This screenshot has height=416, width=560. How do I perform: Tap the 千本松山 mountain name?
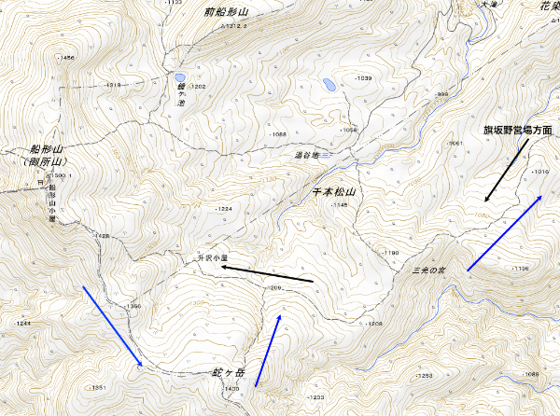pyautogui.click(x=333, y=192)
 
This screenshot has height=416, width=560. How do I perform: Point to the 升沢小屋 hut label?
pyautogui.click(x=212, y=258)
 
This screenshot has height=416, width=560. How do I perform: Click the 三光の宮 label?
pyautogui.click(x=428, y=270)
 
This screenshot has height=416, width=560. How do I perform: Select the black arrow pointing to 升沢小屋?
pyautogui.click(x=267, y=274)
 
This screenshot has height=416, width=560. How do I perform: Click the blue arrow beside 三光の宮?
pyautogui.click(x=504, y=233)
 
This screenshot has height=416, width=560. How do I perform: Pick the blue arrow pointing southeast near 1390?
pyautogui.click(x=112, y=326)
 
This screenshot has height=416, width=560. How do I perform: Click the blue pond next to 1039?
pyautogui.click(x=329, y=84)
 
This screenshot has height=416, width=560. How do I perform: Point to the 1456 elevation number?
pyautogui.click(x=66, y=59)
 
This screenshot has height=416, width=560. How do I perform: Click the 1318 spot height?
pyautogui.click(x=114, y=86)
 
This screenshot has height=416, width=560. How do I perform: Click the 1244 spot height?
pyautogui.click(x=22, y=323)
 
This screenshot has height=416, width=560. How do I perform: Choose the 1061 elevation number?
pyautogui.click(x=455, y=143)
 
